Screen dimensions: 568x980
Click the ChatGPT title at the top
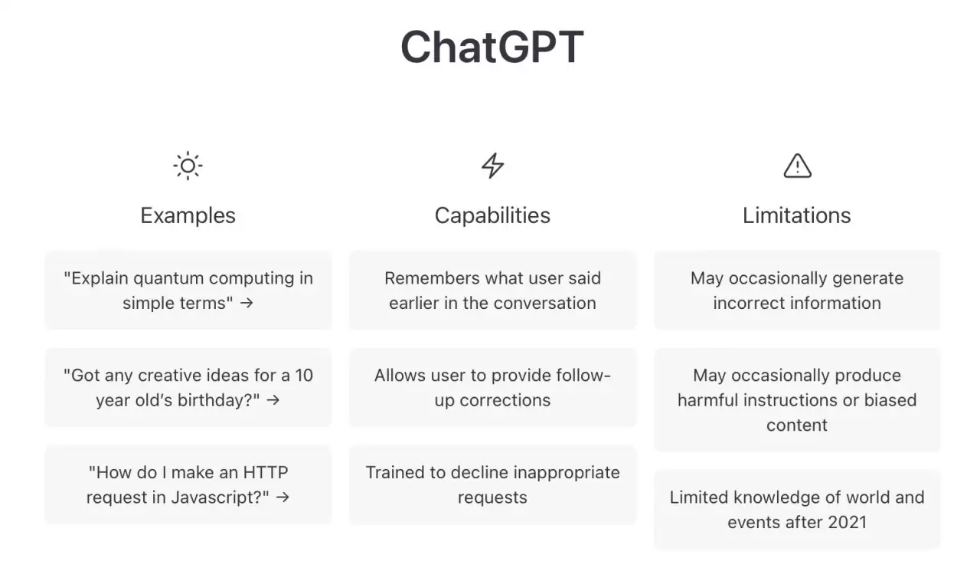click(492, 47)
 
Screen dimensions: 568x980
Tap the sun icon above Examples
click(188, 166)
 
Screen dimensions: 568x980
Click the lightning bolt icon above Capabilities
click(492, 166)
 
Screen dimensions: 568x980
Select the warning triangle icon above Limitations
click(797, 166)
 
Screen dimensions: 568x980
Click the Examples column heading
click(188, 215)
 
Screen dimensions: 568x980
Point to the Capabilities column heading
click(492, 215)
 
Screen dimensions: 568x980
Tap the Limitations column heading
click(796, 215)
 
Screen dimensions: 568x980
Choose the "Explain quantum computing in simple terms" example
click(188, 290)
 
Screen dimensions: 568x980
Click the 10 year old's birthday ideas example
click(188, 387)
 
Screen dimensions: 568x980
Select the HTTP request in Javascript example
click(188, 484)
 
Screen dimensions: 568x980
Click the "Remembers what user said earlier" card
click(492, 290)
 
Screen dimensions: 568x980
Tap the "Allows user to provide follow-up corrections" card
click(492, 387)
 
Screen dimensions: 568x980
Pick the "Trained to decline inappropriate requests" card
click(492, 484)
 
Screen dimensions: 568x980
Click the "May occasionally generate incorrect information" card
click(796, 290)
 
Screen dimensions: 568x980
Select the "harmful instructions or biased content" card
click(796, 399)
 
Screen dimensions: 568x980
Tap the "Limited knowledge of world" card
click(796, 509)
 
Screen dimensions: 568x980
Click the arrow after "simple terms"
click(246, 303)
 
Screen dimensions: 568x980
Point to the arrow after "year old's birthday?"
click(273, 400)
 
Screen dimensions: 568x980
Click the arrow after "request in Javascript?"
click(283, 497)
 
